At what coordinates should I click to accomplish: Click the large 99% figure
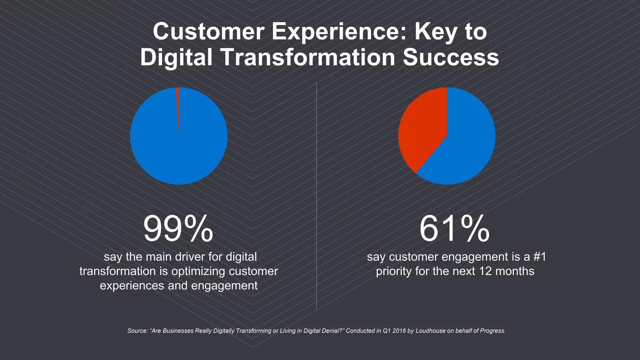tap(178, 229)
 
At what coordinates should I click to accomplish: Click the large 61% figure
tap(454, 229)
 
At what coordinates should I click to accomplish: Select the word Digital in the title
tap(176, 57)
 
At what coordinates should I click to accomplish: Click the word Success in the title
tap(451, 57)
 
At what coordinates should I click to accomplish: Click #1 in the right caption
tap(539, 257)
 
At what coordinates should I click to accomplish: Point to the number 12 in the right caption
tap(485, 271)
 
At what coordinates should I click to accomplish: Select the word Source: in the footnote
tap(137, 331)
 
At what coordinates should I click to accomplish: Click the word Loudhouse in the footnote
tap(430, 331)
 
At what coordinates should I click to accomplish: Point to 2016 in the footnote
tap(399, 331)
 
